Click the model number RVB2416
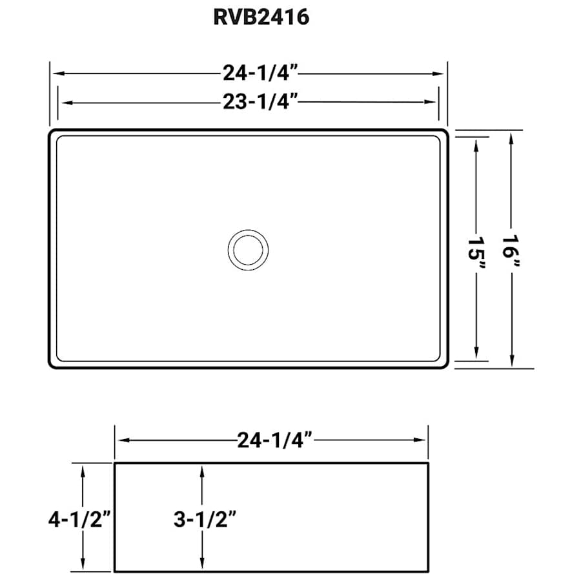pos(261,17)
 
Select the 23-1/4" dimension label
pos(260,102)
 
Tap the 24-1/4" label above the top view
pos(260,74)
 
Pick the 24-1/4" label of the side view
pos(275,440)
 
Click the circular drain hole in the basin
pos(248,249)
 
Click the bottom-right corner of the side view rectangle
pos(429,571)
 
